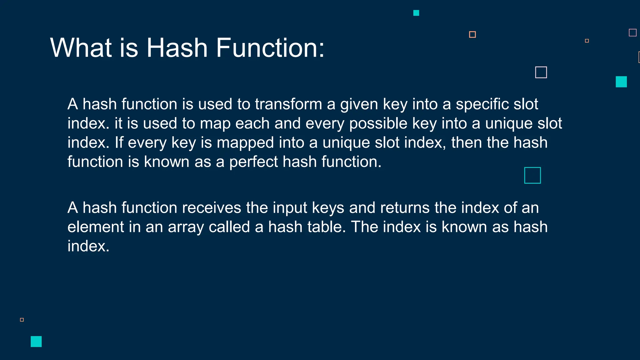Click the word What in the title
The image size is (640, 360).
pyautogui.click(x=81, y=48)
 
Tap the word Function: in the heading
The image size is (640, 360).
pyautogui.click(x=270, y=48)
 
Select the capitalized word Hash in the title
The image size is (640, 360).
pyautogui.click(x=177, y=48)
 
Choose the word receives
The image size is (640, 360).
pyautogui.click(x=212, y=208)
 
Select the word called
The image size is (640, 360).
pyautogui.click(x=229, y=227)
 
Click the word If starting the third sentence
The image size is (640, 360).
pyautogui.click(x=119, y=143)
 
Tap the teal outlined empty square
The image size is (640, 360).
pyautogui.click(x=532, y=175)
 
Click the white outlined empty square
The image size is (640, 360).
pyautogui.click(x=541, y=72)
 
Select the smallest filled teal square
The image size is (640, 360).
pyautogui.click(x=416, y=13)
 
